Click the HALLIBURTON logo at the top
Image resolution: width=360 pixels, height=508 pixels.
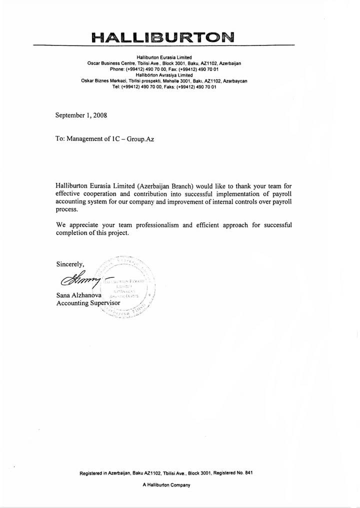163,36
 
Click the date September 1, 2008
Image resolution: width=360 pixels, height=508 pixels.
81,115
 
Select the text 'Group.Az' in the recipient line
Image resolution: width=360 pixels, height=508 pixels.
140,139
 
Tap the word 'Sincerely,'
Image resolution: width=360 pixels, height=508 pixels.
70,264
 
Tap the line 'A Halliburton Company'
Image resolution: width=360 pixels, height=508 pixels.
166,485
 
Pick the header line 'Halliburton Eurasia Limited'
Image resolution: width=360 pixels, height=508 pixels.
164,57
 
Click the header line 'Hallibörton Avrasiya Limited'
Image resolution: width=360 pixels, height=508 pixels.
164,75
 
